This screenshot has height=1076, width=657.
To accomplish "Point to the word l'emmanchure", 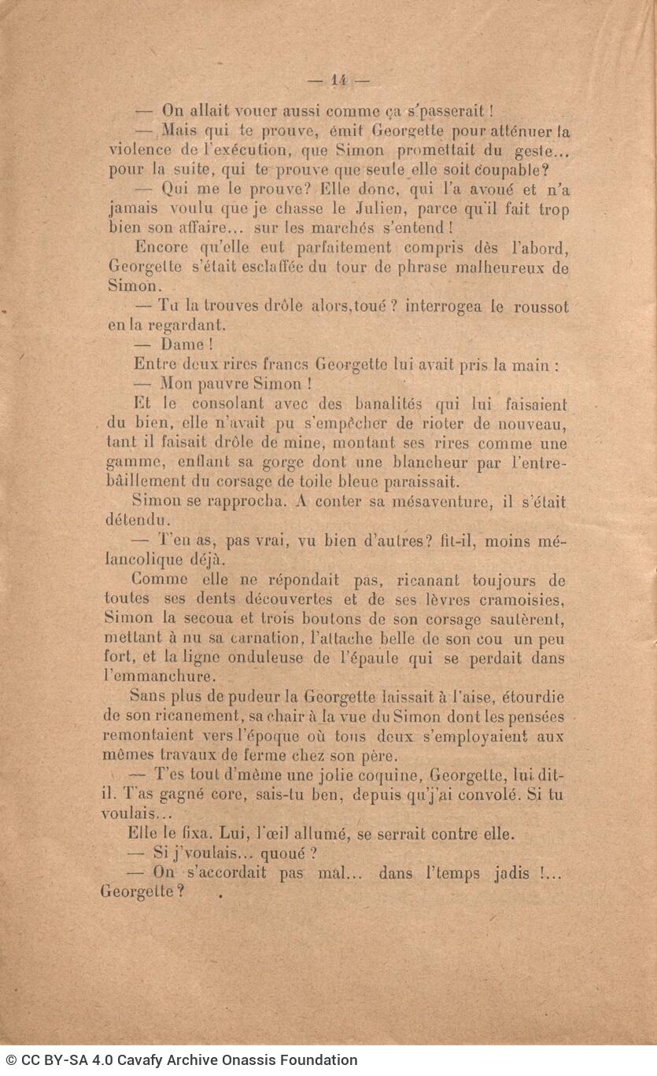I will click(158, 676).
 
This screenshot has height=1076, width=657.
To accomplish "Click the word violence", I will click(140, 150).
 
